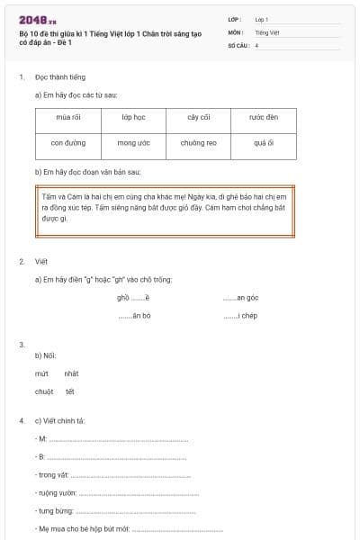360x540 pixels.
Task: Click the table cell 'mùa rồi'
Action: click(x=68, y=118)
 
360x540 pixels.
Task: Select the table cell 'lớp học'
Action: click(x=133, y=118)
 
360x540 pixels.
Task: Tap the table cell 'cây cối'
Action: click(x=199, y=118)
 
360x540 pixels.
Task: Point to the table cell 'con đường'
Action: click(x=68, y=143)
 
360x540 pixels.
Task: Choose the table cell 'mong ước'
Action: click(x=133, y=143)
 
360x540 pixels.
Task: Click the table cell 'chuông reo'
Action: click(x=199, y=143)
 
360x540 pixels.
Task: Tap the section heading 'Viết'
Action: click(x=40, y=261)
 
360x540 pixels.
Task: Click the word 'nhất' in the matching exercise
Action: click(x=72, y=373)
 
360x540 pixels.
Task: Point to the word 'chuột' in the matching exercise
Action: click(x=44, y=391)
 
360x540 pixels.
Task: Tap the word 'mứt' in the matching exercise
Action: click(x=41, y=373)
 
